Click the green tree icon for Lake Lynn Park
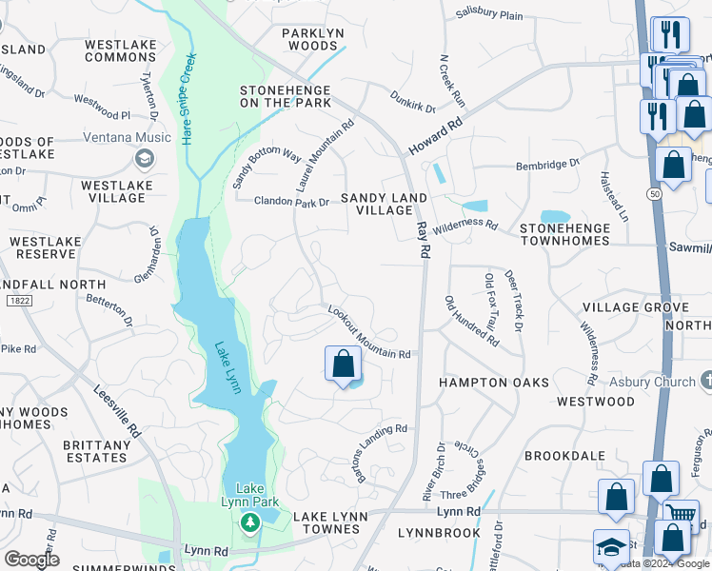point(249,522)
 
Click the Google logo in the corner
point(31,560)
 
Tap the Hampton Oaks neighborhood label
point(494,382)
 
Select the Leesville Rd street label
point(117,410)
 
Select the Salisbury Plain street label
point(489,14)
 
